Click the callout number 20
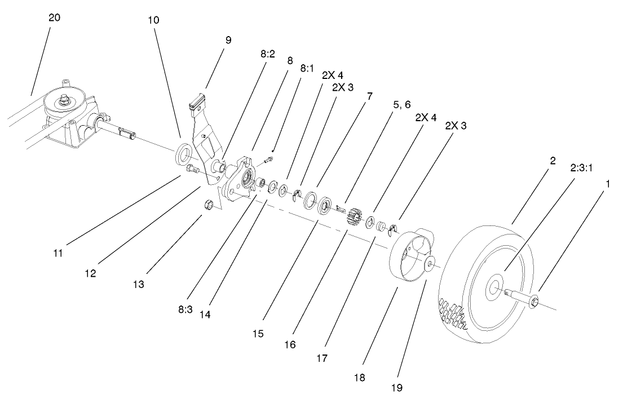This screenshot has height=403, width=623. tap(54, 18)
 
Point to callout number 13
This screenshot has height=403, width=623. tap(138, 285)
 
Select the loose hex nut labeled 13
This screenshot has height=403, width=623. tap(207, 205)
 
